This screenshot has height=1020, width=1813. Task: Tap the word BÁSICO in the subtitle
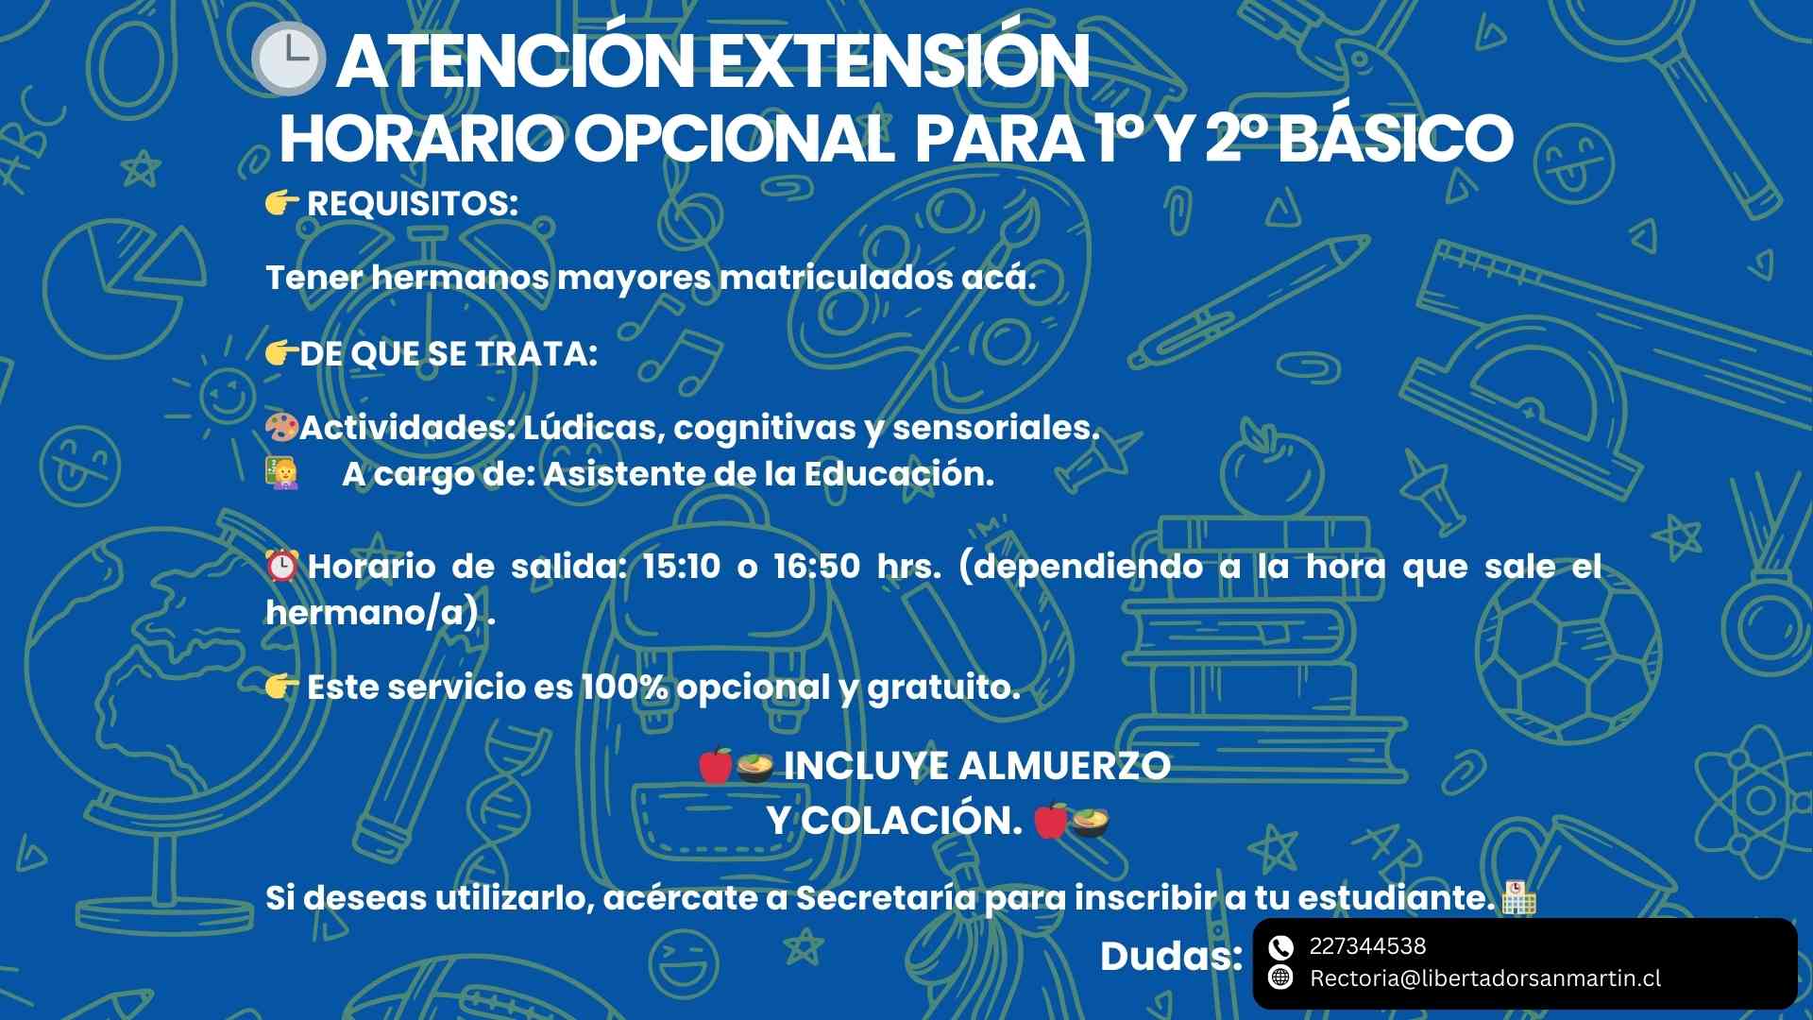click(x=1400, y=138)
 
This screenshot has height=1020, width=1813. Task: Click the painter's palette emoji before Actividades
click(x=281, y=428)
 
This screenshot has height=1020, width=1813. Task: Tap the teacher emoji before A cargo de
click(x=281, y=472)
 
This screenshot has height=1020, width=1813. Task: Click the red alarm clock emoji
click(x=282, y=566)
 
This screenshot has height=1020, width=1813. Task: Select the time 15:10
click(x=681, y=566)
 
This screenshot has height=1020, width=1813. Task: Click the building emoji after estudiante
click(x=1518, y=897)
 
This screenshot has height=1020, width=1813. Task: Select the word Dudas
click(x=1171, y=957)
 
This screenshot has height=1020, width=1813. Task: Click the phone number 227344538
click(x=1367, y=946)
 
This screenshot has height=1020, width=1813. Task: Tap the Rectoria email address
click(x=1484, y=978)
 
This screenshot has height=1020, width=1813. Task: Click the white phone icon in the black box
click(x=1280, y=947)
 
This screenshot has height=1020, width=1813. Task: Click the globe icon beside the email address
click(x=1280, y=977)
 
